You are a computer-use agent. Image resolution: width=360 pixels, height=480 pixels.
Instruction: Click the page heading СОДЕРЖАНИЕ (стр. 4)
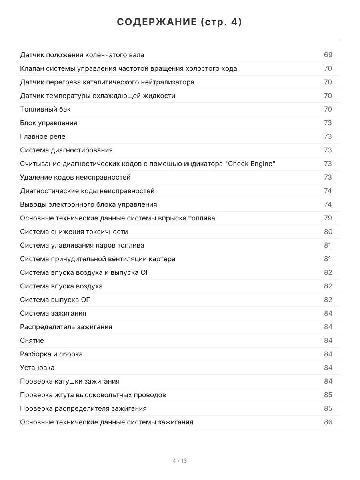pos(180,22)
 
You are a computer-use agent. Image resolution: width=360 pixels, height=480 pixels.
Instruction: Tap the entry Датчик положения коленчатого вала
pos(82,55)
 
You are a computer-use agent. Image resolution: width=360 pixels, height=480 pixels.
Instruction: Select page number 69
pos(328,55)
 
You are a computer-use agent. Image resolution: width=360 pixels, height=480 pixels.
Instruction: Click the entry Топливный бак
pos(45,109)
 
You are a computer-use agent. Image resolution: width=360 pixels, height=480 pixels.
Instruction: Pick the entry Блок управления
pos(48,123)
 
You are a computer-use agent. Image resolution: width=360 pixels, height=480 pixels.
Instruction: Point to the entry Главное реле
pos(42,136)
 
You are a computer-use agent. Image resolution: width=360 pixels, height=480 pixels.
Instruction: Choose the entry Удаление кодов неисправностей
pos(75,177)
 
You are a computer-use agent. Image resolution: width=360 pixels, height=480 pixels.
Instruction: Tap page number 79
pos(328,218)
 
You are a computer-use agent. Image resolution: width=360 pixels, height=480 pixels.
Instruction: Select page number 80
pos(328,232)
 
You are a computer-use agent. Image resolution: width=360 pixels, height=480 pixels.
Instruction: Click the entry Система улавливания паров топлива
pos(82,245)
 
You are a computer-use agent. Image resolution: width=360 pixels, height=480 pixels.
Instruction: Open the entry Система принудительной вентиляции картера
pos(98,259)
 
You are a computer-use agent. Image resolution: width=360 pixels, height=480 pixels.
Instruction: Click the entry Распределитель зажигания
pos(66,327)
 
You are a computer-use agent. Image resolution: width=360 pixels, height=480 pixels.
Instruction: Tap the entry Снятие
pos(32,340)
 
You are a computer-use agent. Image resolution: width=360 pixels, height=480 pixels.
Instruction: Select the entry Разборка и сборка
pos(51,354)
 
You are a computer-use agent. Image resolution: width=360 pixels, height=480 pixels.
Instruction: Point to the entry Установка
pos(37,368)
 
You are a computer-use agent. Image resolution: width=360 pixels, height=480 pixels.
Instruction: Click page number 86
pos(328,422)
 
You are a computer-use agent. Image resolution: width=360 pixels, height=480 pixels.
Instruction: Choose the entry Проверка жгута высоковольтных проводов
pos(93,395)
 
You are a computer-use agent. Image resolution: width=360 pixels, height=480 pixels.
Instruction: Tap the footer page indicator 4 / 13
pos(180,461)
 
